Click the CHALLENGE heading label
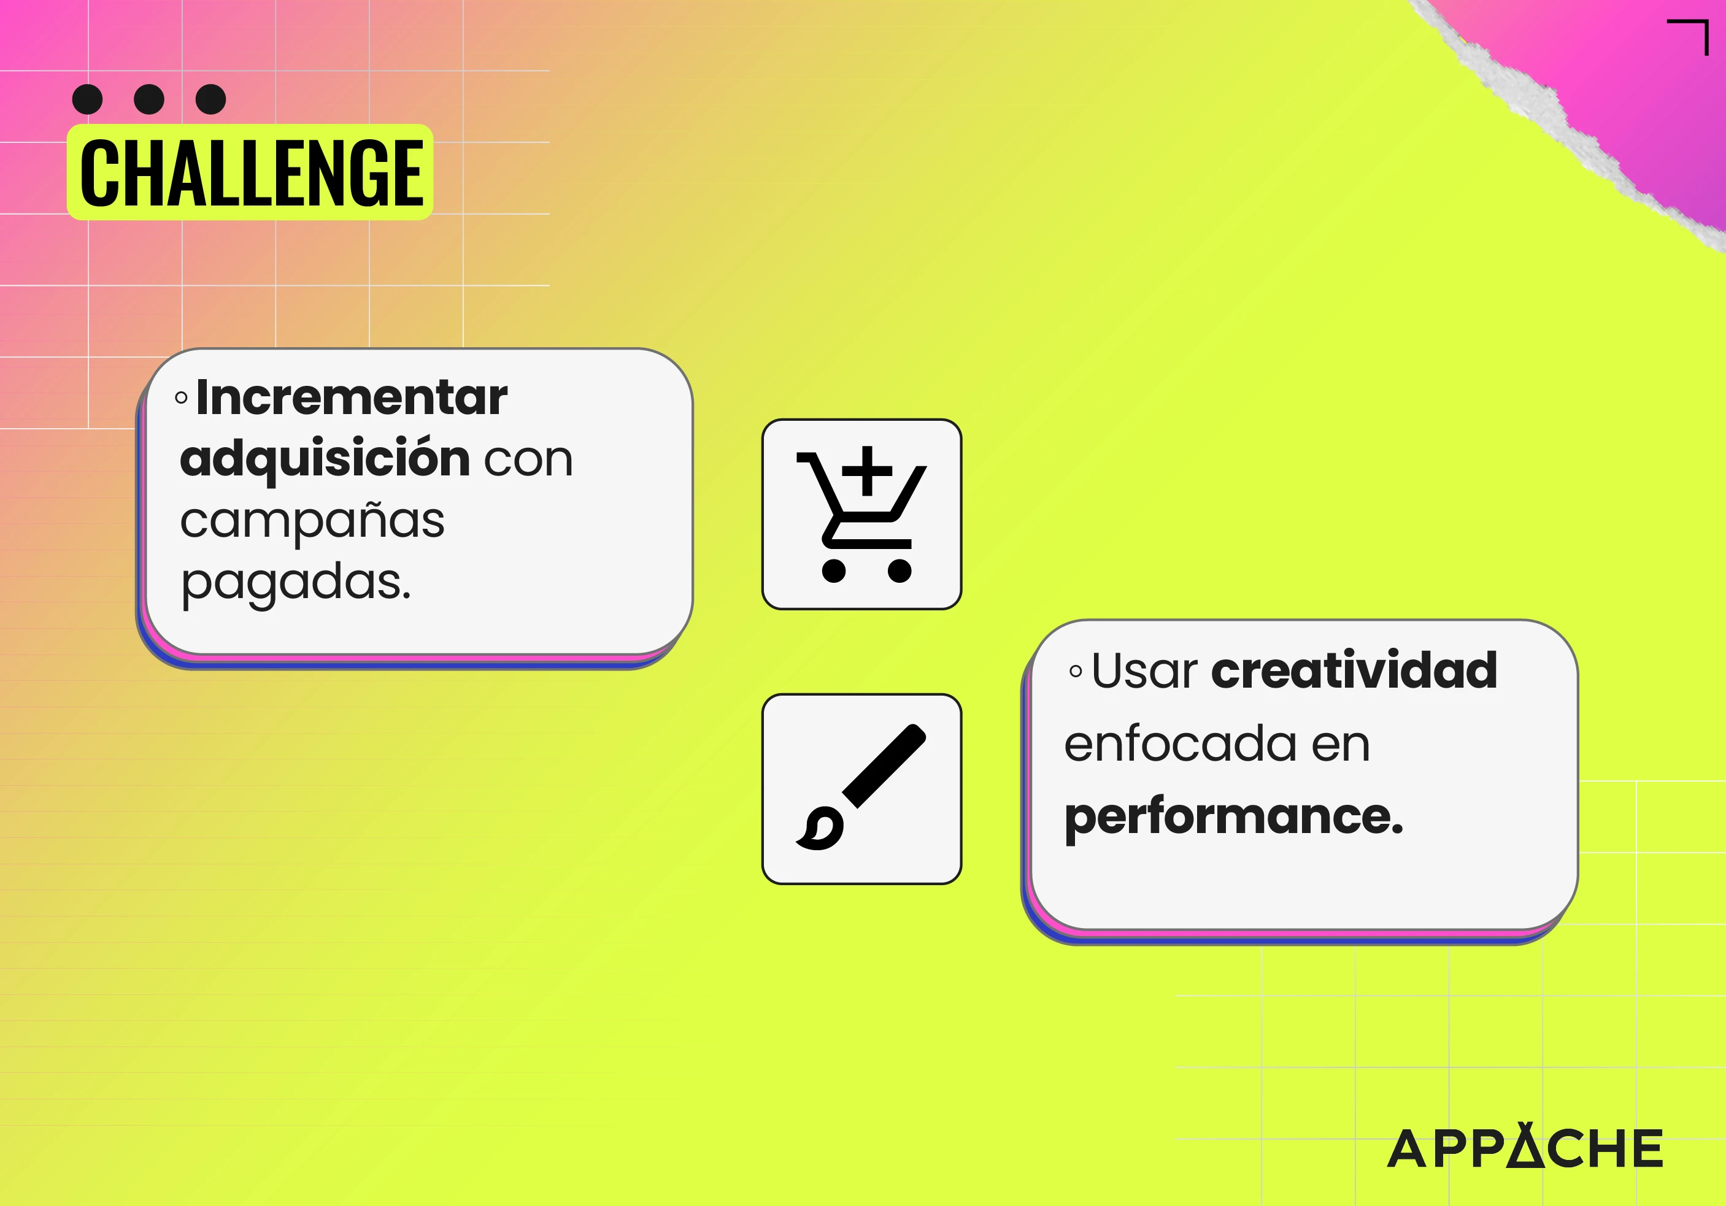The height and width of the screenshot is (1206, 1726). click(250, 172)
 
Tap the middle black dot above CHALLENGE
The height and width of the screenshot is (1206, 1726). click(149, 99)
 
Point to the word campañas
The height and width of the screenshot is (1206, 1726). click(312, 521)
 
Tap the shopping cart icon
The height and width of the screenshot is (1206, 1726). click(861, 514)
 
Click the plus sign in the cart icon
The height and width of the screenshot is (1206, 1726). click(867, 471)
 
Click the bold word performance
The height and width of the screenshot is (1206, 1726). click(1234, 818)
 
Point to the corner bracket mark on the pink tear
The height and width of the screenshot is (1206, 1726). click(1689, 37)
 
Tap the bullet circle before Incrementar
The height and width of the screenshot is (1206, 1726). click(181, 398)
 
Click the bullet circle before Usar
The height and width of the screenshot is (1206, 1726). click(1076, 671)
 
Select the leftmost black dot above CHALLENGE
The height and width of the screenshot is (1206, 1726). click(87, 99)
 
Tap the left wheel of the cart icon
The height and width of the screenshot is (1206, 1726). click(834, 570)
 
